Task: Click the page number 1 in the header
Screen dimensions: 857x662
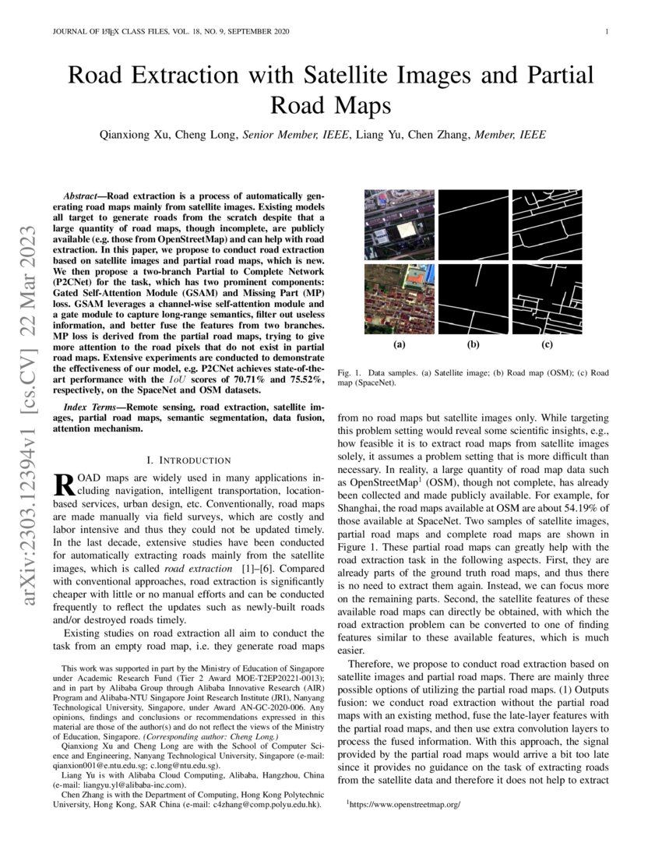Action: pos(606,31)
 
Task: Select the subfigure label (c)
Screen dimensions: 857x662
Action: pos(548,343)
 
